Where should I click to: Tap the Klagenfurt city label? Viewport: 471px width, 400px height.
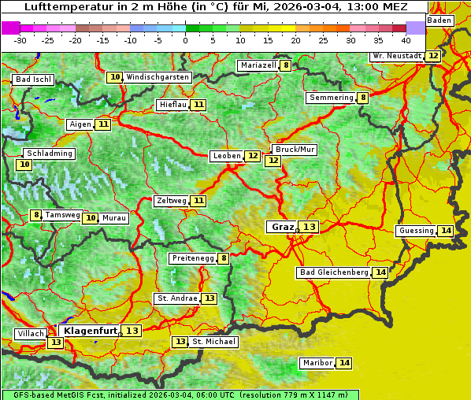pyautogui.click(x=91, y=331)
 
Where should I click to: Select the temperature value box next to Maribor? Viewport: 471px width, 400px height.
pyautogui.click(x=344, y=363)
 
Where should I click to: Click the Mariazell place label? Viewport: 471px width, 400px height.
pyautogui.click(x=258, y=65)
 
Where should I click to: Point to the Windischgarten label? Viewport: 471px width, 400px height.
pyautogui.click(x=158, y=77)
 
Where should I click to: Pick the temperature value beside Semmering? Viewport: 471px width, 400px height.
pyautogui.click(x=362, y=98)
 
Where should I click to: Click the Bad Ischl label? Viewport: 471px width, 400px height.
pyautogui.click(x=33, y=80)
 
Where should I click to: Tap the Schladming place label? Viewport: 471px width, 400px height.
pyautogui.click(x=49, y=154)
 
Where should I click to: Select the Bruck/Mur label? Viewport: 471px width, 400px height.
pyautogui.click(x=294, y=149)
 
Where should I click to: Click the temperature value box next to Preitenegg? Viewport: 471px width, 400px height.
pyautogui.click(x=224, y=258)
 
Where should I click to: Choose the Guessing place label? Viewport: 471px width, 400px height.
pyautogui.click(x=416, y=231)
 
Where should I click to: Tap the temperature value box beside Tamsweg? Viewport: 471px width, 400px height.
pyautogui.click(x=35, y=215)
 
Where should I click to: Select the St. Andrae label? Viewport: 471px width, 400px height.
pyautogui.click(x=176, y=298)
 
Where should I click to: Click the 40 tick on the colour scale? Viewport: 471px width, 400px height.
pyautogui.click(x=406, y=40)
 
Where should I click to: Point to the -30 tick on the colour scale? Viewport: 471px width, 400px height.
pyautogui.click(x=20, y=40)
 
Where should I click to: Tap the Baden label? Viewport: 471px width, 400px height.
pyautogui.click(x=440, y=20)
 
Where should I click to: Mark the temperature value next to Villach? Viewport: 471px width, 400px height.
pyautogui.click(x=55, y=343)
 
